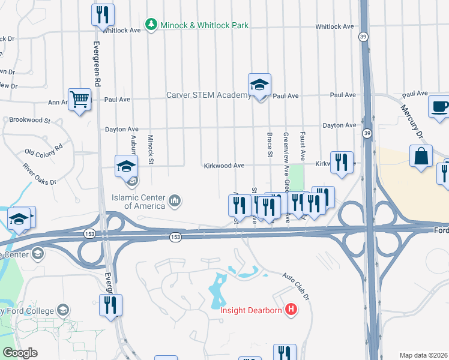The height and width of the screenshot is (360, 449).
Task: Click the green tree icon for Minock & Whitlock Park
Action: (151, 25)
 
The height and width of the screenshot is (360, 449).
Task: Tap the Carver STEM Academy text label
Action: (208, 95)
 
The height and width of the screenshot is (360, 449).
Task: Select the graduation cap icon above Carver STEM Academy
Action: (259, 85)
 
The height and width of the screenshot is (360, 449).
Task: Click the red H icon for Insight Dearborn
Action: (291, 310)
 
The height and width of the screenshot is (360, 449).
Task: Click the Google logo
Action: (20, 353)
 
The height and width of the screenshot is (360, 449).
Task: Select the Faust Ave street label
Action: (303, 145)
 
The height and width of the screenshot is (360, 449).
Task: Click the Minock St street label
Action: (151, 149)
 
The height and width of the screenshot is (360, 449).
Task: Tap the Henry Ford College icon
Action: (62, 310)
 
